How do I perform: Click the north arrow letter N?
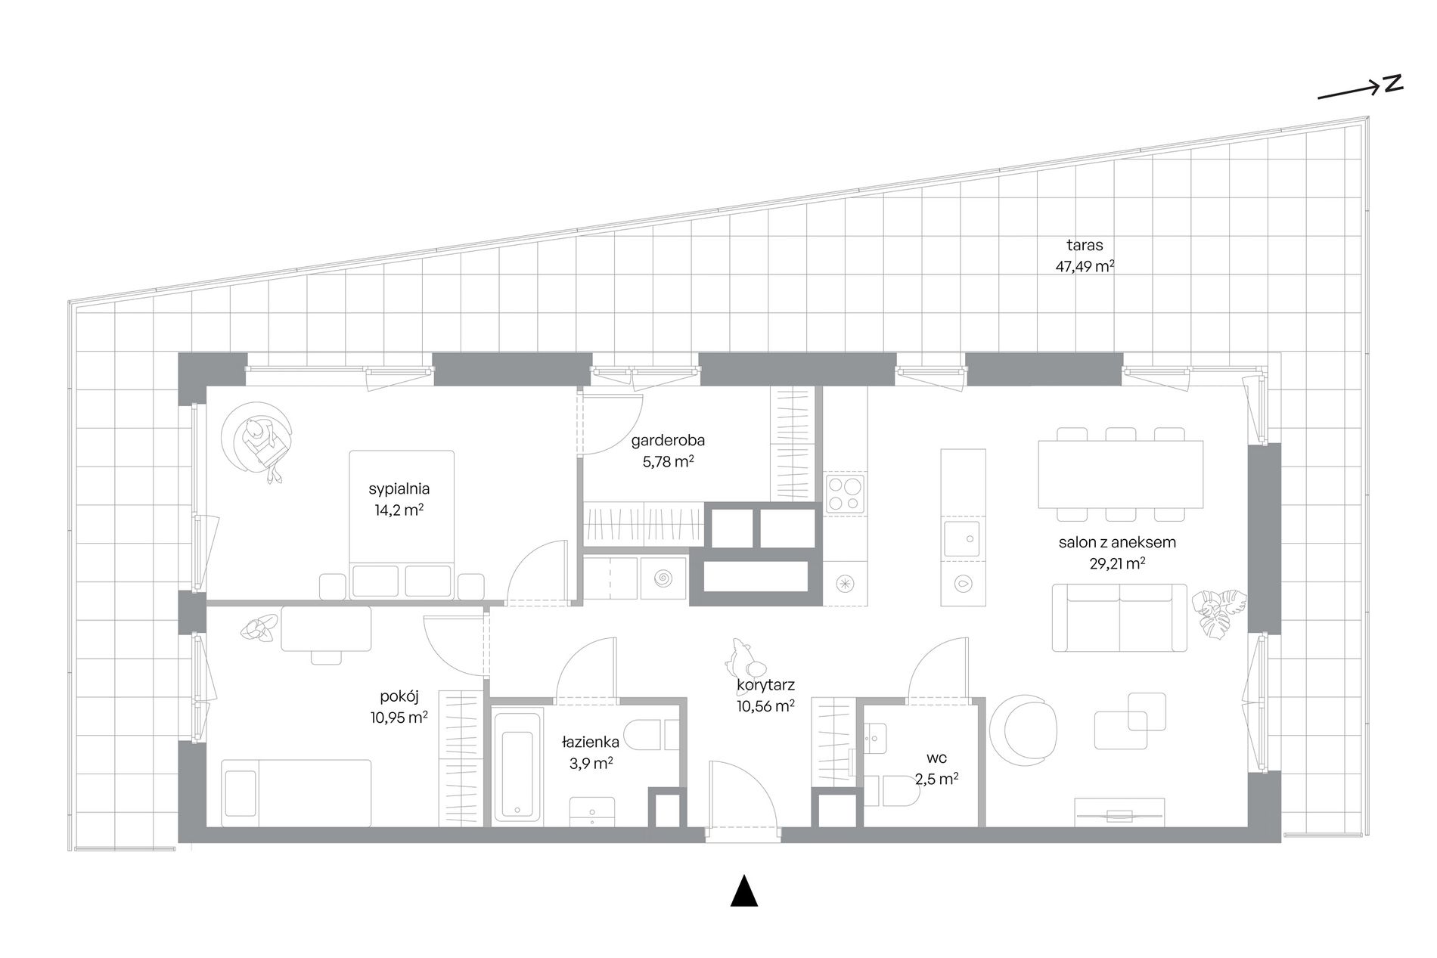[1394, 83]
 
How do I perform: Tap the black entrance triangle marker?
[744, 891]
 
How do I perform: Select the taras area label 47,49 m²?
[1085, 266]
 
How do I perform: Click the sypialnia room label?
[399, 488]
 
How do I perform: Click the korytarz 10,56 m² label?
[765, 696]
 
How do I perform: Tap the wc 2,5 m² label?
[936, 767]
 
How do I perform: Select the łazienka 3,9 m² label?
[591, 752]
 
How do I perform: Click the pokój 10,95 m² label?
[399, 707]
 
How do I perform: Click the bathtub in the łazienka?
[518, 765]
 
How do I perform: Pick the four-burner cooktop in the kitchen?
[845, 494]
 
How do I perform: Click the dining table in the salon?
[1120, 474]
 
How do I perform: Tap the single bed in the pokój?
[296, 793]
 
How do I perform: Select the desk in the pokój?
[326, 628]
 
